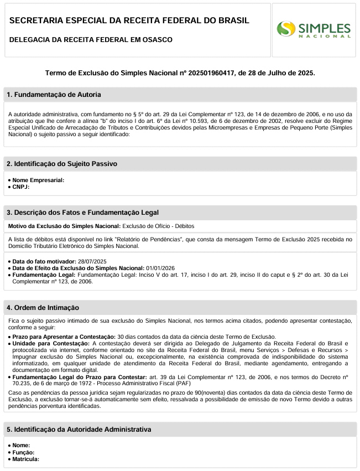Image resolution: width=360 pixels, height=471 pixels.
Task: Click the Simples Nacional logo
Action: (x=314, y=29)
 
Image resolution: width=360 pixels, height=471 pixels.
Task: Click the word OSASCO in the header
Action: (x=157, y=40)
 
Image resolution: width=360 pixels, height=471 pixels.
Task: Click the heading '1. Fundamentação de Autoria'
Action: (x=54, y=95)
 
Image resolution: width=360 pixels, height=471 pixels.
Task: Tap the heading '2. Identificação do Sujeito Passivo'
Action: (x=61, y=164)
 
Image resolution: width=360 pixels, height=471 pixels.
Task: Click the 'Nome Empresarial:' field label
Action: (x=38, y=180)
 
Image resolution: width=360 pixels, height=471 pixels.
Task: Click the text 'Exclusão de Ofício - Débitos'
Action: (x=158, y=226)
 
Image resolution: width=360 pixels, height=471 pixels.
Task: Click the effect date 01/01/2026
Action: (x=161, y=268)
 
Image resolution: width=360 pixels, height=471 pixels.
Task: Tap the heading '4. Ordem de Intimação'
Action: (x=43, y=307)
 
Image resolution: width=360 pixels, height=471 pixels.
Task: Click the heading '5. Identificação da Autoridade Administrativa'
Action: (x=79, y=429)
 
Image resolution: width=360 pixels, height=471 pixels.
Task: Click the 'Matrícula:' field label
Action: (x=25, y=459)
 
